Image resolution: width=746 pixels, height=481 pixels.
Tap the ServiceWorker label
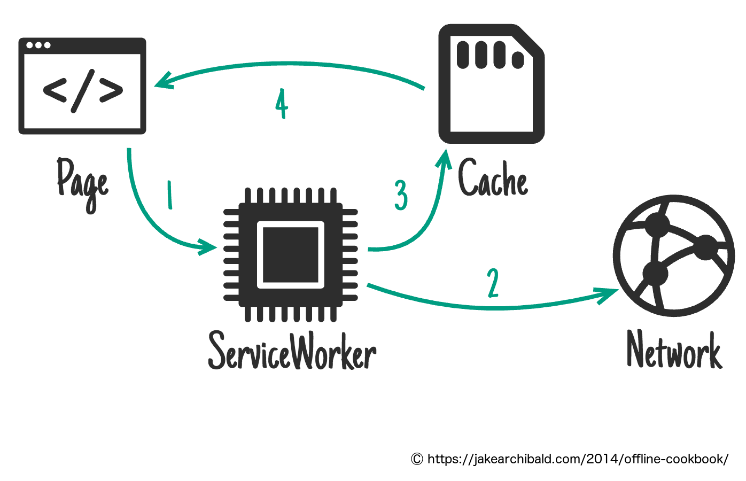tap(292, 351)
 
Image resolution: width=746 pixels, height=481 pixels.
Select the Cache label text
tap(493, 179)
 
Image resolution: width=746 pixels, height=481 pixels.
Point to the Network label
tap(674, 350)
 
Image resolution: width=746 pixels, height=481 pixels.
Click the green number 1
tap(170, 195)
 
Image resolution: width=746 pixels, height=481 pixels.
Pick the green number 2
tap(493, 283)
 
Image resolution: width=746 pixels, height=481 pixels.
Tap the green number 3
tap(401, 195)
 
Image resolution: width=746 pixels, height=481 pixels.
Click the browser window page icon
tap(82, 86)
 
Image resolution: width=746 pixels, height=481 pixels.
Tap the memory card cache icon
tap(491, 84)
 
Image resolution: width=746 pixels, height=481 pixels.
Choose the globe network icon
tap(674, 255)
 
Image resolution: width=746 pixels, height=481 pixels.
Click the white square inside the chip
tap(291, 254)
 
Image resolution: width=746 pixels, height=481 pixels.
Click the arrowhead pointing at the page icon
tap(162, 81)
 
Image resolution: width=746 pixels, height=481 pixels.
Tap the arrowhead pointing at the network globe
tap(609, 293)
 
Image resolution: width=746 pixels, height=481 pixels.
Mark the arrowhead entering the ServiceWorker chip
tap(208, 246)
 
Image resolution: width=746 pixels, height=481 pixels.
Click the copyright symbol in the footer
tap(417, 459)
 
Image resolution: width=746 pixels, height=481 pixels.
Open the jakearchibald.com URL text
tap(577, 459)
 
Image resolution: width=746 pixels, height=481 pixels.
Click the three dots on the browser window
tap(38, 45)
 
